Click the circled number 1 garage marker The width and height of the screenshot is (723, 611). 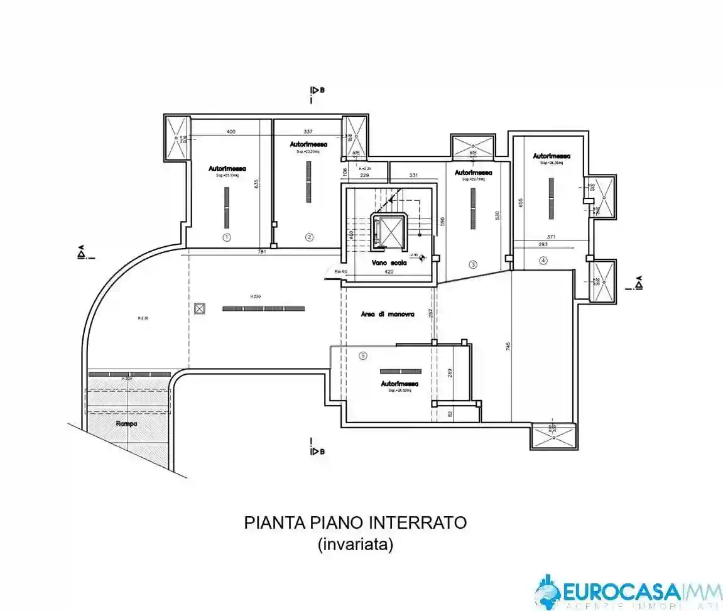227,237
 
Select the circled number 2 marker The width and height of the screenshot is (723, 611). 309,237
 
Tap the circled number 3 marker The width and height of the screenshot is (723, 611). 473,264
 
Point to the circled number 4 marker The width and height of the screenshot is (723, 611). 543,261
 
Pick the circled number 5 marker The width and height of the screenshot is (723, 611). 362,355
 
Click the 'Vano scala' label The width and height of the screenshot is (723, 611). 389,263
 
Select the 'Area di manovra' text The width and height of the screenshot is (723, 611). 388,314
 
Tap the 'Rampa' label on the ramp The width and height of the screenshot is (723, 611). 127,423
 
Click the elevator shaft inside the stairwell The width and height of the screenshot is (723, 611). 389,230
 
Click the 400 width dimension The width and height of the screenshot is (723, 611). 231,132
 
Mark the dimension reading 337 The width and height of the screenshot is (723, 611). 308,132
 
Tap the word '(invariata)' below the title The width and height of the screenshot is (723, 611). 356,544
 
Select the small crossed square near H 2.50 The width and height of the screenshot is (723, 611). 200,308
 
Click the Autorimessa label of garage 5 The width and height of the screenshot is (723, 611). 400,383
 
